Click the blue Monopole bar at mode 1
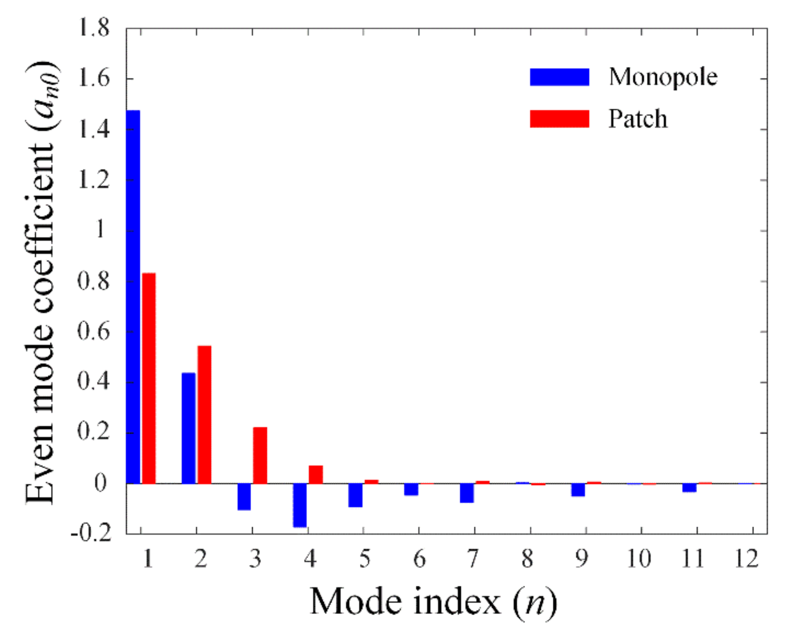133,297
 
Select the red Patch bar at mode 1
149,378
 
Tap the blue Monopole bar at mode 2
188,428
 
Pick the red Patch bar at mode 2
204,415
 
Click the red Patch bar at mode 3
260,455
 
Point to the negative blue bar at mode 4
300,505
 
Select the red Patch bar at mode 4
316,474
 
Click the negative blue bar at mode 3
244,497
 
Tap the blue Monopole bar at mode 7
467,493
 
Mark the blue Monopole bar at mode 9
578,490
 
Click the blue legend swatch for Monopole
559,77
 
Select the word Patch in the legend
638,119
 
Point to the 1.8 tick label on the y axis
93,28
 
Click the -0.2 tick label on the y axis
91,534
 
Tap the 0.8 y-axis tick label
93,281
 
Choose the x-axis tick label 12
746,559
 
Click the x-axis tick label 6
419,559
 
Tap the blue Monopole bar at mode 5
355,495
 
